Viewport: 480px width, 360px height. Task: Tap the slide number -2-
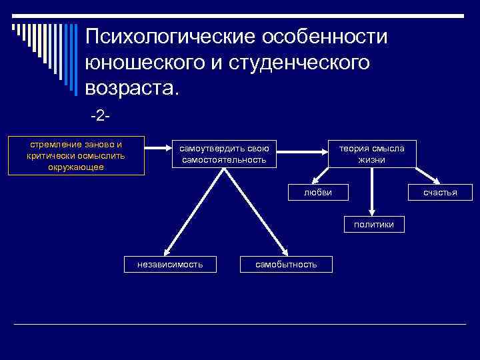click(x=99, y=117)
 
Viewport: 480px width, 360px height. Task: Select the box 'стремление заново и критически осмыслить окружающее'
click(x=76, y=156)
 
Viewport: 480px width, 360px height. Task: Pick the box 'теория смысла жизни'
click(x=371, y=154)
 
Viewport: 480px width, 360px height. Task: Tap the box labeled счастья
click(x=440, y=192)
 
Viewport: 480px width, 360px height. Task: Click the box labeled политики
click(x=374, y=225)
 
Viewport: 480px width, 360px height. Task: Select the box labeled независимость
click(x=169, y=265)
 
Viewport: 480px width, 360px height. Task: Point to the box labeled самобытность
click(x=286, y=265)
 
